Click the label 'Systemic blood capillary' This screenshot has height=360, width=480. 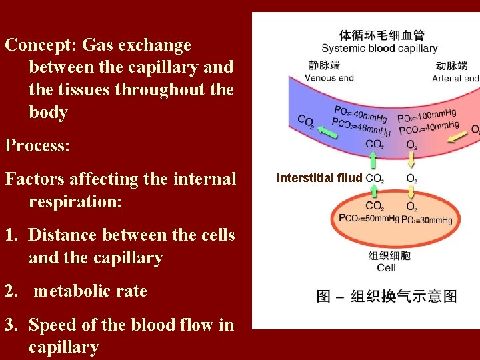pos(379,48)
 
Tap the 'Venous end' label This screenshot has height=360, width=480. pos(329,78)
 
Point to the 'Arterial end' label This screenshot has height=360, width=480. pos(455,78)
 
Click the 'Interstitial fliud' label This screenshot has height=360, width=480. pos(319,178)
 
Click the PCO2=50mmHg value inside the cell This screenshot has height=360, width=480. pos(369,218)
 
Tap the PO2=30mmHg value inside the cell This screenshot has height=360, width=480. pos(427,219)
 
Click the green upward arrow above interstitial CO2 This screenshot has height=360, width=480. pos(373,160)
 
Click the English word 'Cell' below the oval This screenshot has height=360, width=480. pos(386,267)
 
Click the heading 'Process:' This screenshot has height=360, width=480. pos(37,145)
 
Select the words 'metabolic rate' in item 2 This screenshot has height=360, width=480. pos(90,291)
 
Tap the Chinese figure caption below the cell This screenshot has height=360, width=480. pos(387,296)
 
